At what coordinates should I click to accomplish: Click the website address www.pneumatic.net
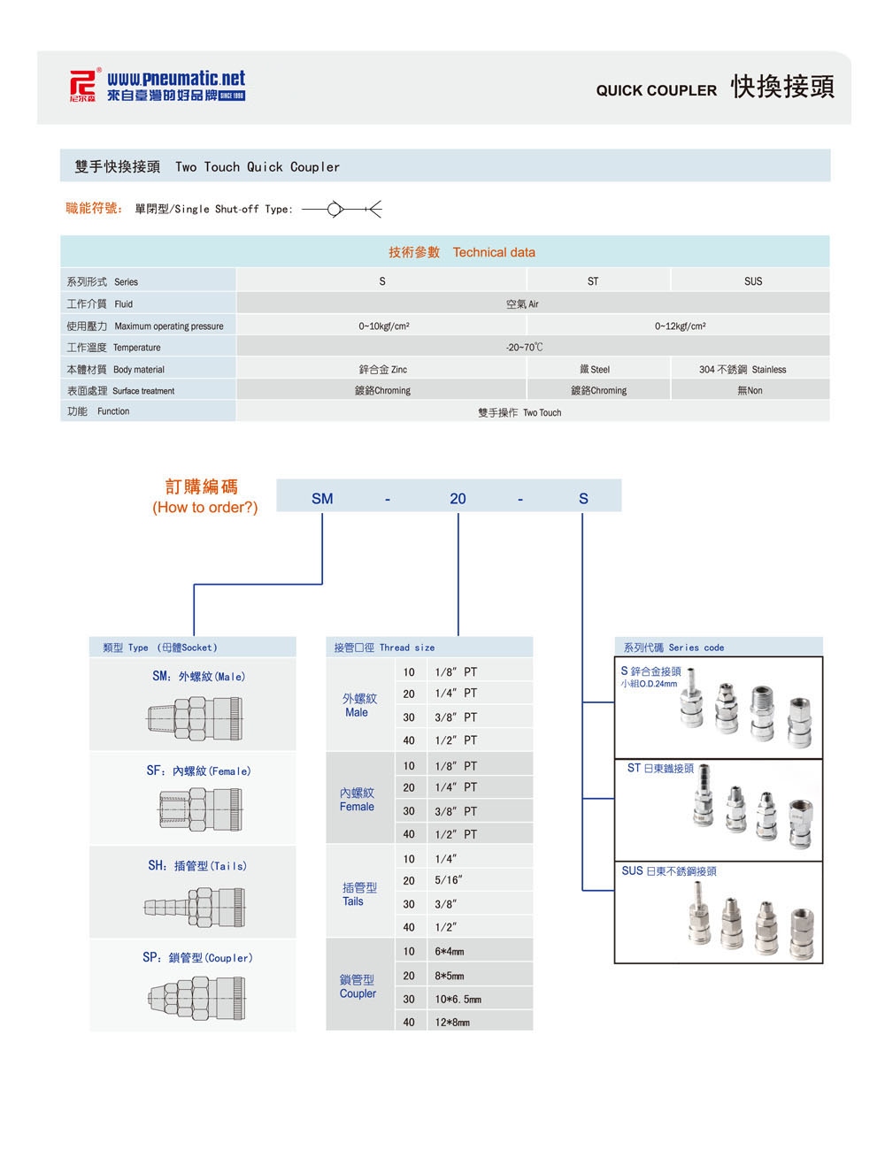pyautogui.click(x=176, y=79)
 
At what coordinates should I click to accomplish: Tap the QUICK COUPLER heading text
pyautogui.click(x=656, y=90)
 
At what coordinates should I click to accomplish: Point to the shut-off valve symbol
pyautogui.click(x=342, y=210)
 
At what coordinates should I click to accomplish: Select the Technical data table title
pyautogui.click(x=462, y=252)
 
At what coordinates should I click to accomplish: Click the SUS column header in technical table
pyautogui.click(x=752, y=281)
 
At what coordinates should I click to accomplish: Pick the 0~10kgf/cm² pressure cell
pyautogui.click(x=383, y=326)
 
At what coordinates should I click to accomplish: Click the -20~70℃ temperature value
pyautogui.click(x=524, y=348)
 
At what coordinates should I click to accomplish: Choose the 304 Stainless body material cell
pyautogui.click(x=742, y=370)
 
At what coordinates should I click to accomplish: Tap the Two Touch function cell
pyautogui.click(x=519, y=412)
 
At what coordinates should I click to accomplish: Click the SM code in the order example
pyautogui.click(x=322, y=499)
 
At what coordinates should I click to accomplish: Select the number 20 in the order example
pyautogui.click(x=458, y=499)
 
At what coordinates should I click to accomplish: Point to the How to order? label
pyautogui.click(x=204, y=508)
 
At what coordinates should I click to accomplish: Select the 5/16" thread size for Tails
pyautogui.click(x=448, y=881)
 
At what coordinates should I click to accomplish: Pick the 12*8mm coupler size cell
pyautogui.click(x=452, y=1023)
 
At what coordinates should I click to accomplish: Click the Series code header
pyautogui.click(x=673, y=648)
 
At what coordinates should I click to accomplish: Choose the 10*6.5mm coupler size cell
pyautogui.click(x=458, y=1000)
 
